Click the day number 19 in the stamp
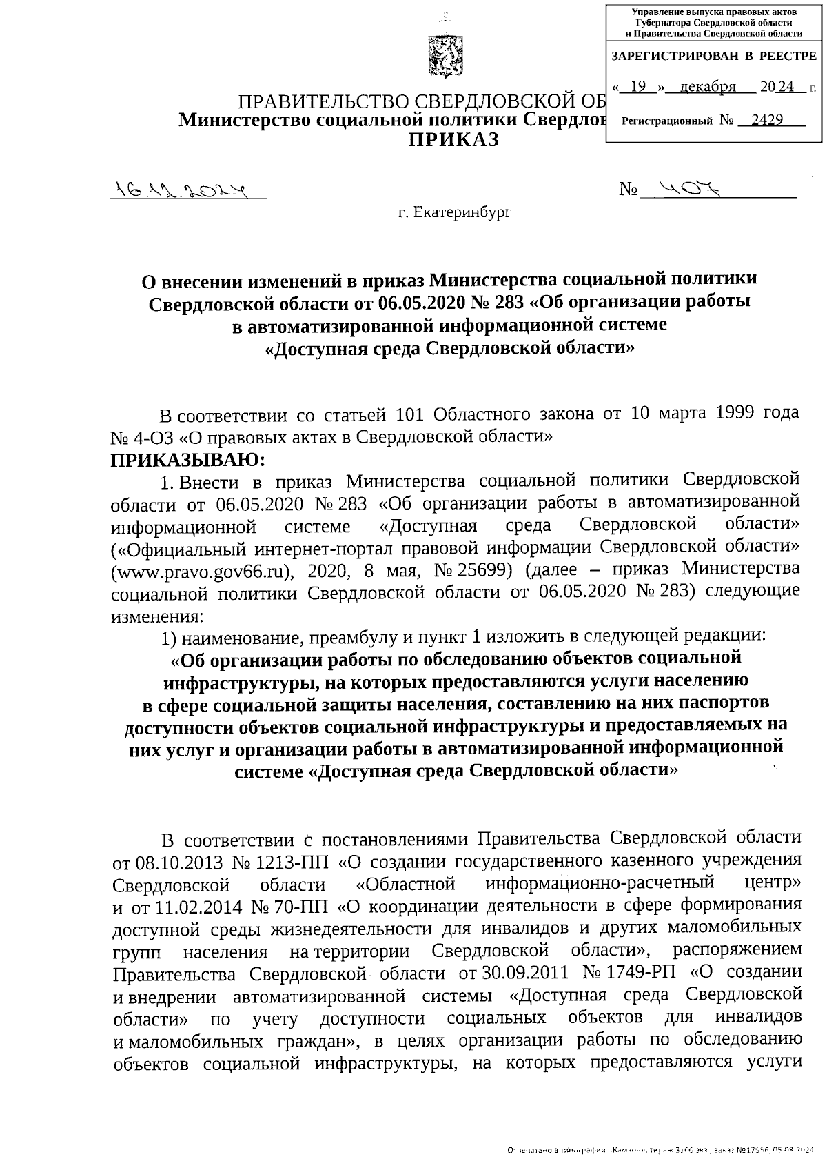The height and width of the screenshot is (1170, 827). [x=637, y=87]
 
